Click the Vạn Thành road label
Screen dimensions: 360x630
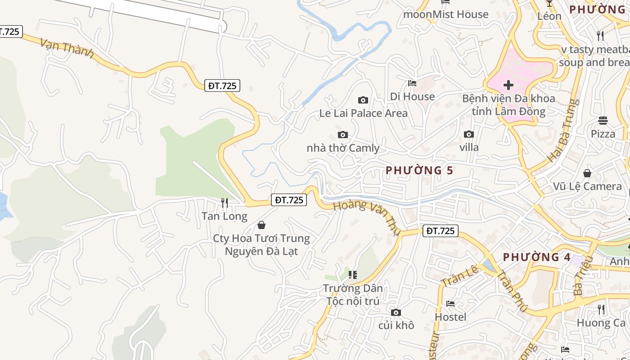pyautogui.click(x=67, y=48)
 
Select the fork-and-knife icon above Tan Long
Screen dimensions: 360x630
pyautogui.click(x=225, y=203)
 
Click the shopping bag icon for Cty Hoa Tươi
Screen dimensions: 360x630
pyautogui.click(x=261, y=225)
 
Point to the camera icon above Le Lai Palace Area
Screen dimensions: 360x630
pyautogui.click(x=363, y=100)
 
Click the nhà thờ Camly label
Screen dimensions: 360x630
pyautogui.click(x=343, y=148)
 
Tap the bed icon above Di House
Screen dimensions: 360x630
pyautogui.click(x=412, y=83)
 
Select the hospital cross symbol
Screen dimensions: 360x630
pyautogui.click(x=508, y=85)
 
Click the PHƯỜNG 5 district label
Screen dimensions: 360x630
pyautogui.click(x=419, y=170)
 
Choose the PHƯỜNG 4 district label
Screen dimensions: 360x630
pyautogui.click(x=536, y=257)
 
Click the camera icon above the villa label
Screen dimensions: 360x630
pyautogui.click(x=469, y=134)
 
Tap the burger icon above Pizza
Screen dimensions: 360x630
pyautogui.click(x=603, y=120)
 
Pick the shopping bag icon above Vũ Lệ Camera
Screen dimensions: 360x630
pyautogui.click(x=587, y=173)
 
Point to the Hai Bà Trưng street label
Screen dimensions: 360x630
pyautogui.click(x=562, y=130)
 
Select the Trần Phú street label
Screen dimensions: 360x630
pyautogui.click(x=513, y=292)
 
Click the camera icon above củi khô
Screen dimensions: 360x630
pyautogui.click(x=396, y=312)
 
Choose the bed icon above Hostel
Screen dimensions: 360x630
pyautogui.click(x=450, y=304)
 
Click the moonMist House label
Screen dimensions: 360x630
pyautogui.click(x=445, y=14)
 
